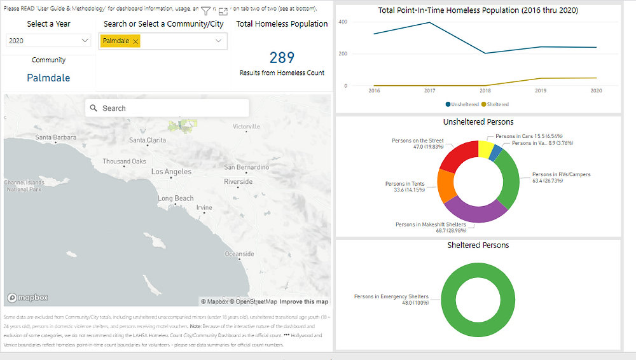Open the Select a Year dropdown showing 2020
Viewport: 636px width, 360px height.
[48, 41]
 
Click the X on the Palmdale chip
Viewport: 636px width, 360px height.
[135, 41]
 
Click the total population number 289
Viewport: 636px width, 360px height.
[282, 58]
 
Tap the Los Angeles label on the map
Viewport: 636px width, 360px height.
[171, 172]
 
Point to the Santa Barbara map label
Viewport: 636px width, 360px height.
[56, 137]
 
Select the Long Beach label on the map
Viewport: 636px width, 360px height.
[176, 198]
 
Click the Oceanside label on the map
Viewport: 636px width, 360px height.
[240, 254]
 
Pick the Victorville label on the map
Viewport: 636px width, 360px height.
[247, 127]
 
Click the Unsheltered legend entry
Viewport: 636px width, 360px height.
[462, 104]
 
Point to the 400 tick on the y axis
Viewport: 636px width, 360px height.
[342, 22]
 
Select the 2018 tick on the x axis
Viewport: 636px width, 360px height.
[485, 92]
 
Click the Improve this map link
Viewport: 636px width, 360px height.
[304, 301]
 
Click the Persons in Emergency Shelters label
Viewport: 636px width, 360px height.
[391, 296]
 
